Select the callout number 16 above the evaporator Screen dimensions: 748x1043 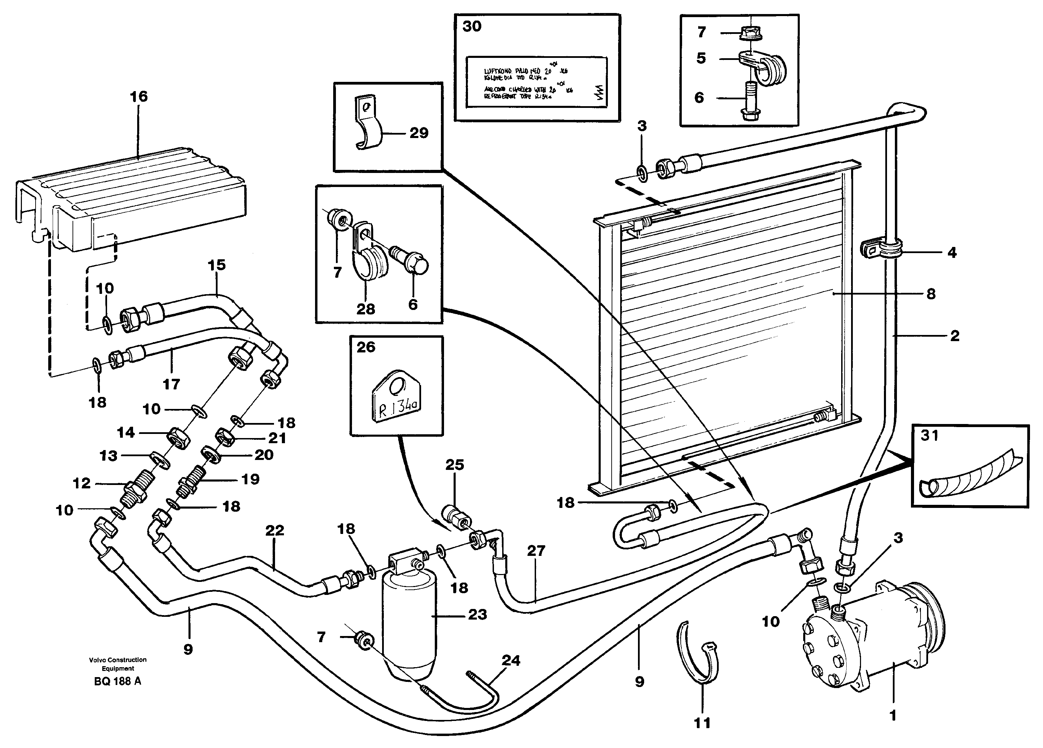(x=139, y=97)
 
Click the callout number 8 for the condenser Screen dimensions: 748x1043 (x=931, y=294)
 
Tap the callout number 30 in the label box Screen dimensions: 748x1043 (x=472, y=26)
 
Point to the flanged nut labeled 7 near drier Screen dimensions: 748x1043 (x=363, y=641)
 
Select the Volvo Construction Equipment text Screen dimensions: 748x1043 (x=118, y=664)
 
